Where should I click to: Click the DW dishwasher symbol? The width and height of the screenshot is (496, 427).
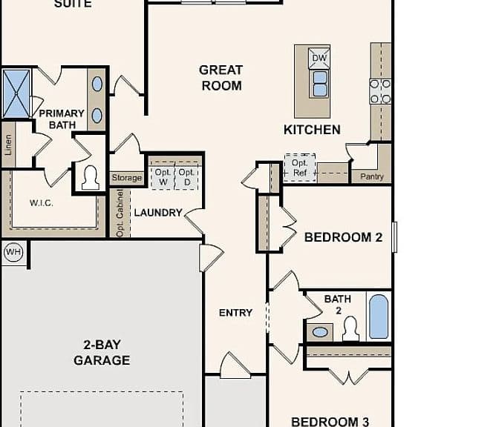(x=319, y=58)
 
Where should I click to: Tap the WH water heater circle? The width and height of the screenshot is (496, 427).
(x=13, y=252)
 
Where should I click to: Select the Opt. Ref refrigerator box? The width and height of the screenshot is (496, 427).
(x=300, y=168)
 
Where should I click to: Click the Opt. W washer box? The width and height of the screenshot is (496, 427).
(x=163, y=176)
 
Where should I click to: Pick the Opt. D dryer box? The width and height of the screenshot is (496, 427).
(x=186, y=176)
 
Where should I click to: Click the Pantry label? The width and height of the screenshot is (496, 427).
(x=372, y=176)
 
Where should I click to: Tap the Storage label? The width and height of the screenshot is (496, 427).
(x=126, y=178)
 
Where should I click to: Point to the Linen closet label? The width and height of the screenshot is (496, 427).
(x=8, y=145)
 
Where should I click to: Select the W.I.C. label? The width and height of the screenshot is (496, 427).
(x=42, y=203)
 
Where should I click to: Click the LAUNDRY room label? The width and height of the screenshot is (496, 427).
(x=158, y=213)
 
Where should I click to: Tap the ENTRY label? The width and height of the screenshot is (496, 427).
(x=235, y=313)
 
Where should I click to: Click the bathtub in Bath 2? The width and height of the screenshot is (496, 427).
(x=379, y=317)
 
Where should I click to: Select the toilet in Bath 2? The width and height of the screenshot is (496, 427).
(x=350, y=329)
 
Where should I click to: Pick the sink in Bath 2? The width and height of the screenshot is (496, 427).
(x=320, y=332)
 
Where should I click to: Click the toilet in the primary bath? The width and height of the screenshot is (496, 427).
(x=91, y=178)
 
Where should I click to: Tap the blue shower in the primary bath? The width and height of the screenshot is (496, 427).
(x=16, y=94)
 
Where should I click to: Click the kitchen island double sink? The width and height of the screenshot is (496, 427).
(x=320, y=84)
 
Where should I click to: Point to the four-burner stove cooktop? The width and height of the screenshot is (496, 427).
(x=381, y=91)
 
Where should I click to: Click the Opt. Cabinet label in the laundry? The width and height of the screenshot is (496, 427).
(x=120, y=213)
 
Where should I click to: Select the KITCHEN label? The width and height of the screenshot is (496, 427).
(x=312, y=130)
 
